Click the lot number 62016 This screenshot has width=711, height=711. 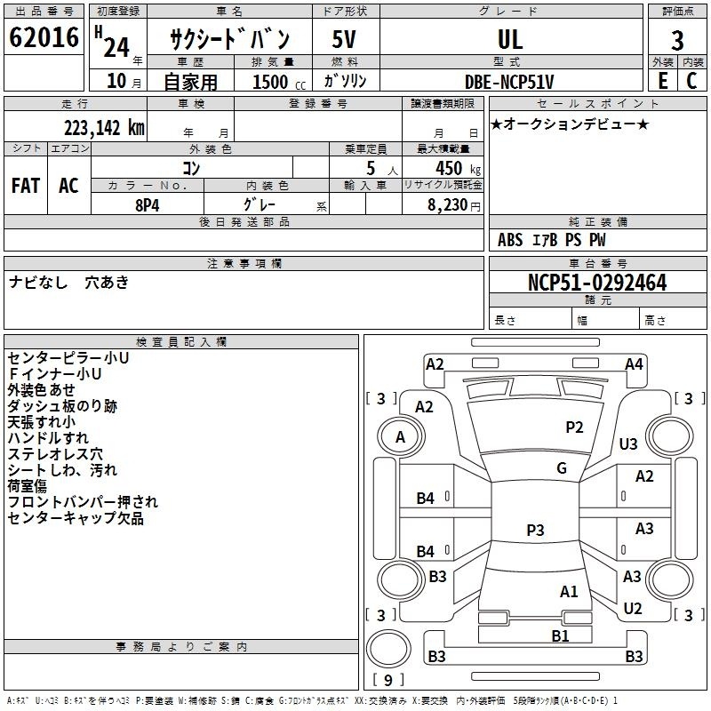pos(44,37)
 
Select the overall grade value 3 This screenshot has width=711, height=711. pos(677,41)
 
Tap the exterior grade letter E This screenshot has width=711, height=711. pos(663,81)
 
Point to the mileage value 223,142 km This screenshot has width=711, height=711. pos(104,128)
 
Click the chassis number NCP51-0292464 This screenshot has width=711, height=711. pos(597,283)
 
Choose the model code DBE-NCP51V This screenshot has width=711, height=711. pos(509,82)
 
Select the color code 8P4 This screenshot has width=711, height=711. pos(148,205)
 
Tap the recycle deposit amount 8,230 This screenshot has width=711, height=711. pos(448,205)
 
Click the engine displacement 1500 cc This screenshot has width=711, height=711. pos(279,82)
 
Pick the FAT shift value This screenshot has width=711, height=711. pos(26,186)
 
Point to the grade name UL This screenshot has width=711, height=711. pos(510,39)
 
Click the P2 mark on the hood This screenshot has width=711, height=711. pos(574,427)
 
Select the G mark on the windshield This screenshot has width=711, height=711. pos(562,468)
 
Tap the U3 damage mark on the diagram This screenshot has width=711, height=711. pos(628,443)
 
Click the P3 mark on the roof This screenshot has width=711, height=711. pos(535,530)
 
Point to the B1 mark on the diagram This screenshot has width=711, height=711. pos(560,636)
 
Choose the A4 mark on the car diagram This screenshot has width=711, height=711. pos(634,364)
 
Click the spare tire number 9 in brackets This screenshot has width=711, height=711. pos(388,680)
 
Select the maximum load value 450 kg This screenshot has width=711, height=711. pos(458,169)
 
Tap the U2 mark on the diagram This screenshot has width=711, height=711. pos(633,609)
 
